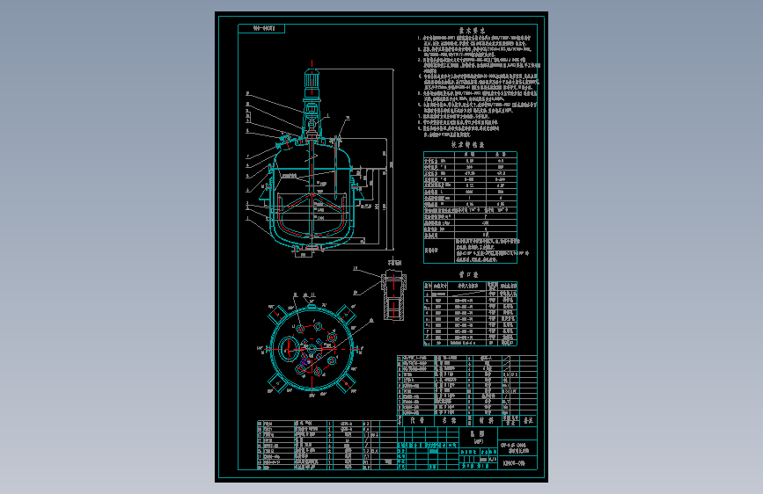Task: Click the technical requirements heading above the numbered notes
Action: tap(466, 29)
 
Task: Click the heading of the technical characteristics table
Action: tap(467, 144)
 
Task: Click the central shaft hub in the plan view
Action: tap(313, 349)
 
